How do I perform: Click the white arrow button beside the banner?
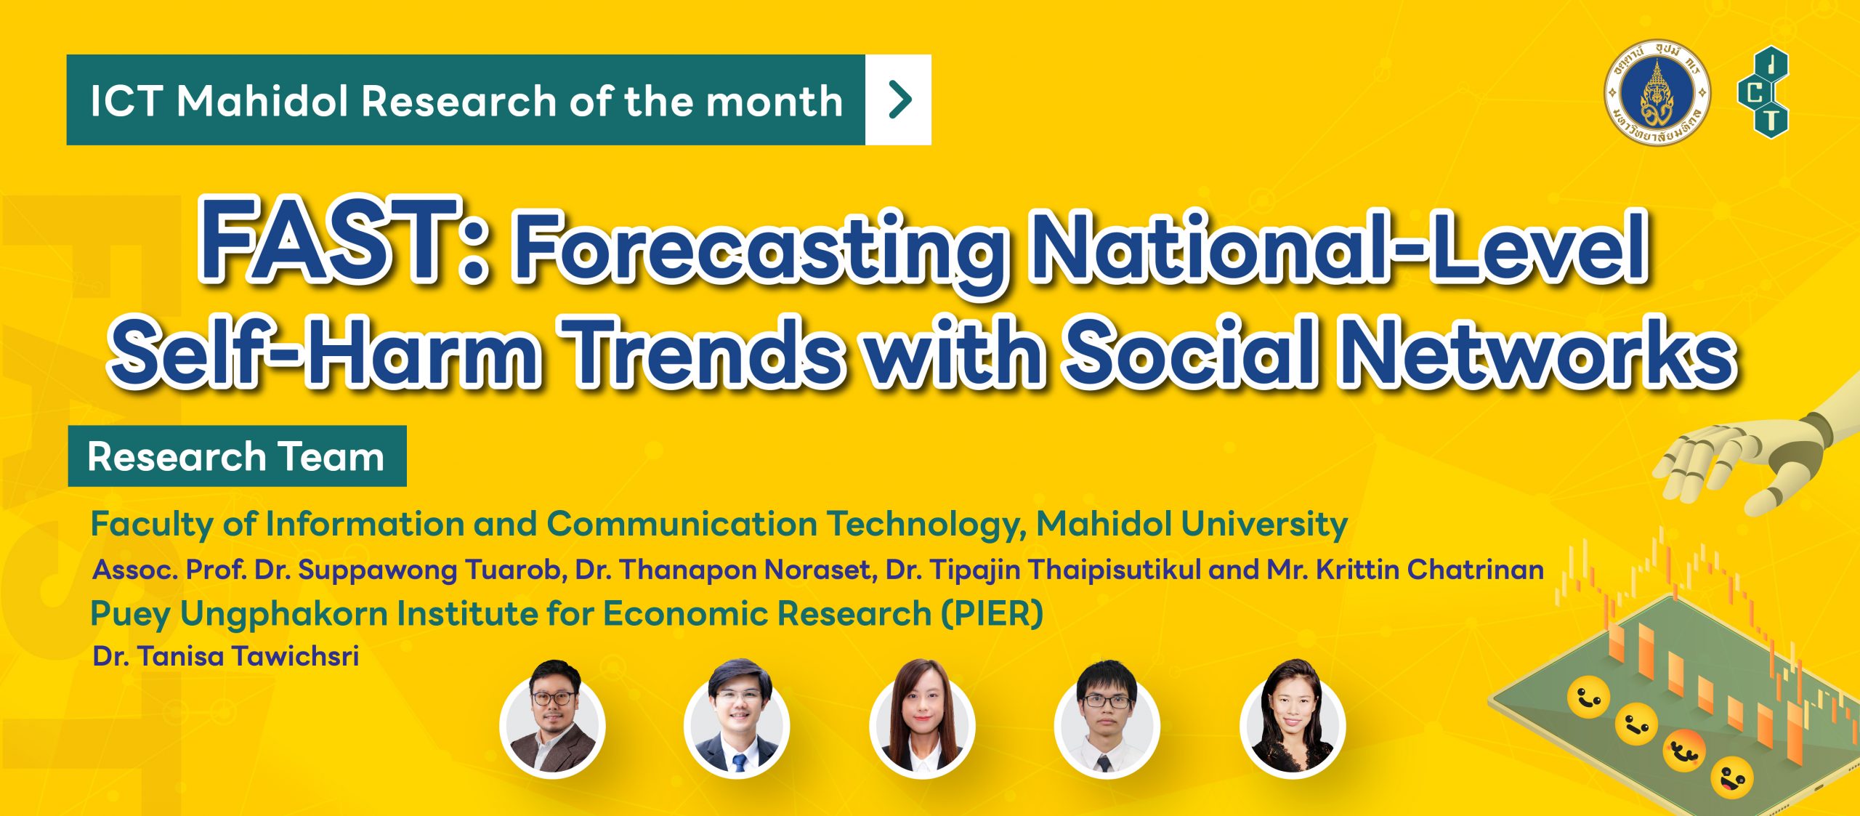point(898,100)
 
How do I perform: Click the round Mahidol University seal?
point(1657,92)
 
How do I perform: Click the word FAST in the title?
point(331,240)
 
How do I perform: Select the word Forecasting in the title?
point(759,251)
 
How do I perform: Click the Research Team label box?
point(237,456)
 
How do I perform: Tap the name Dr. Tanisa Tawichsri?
point(226,656)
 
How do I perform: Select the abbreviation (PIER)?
point(992,613)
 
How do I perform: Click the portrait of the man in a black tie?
point(1107,719)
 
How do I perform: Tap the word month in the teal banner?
point(775,100)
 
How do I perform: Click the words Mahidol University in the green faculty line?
point(1192,523)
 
